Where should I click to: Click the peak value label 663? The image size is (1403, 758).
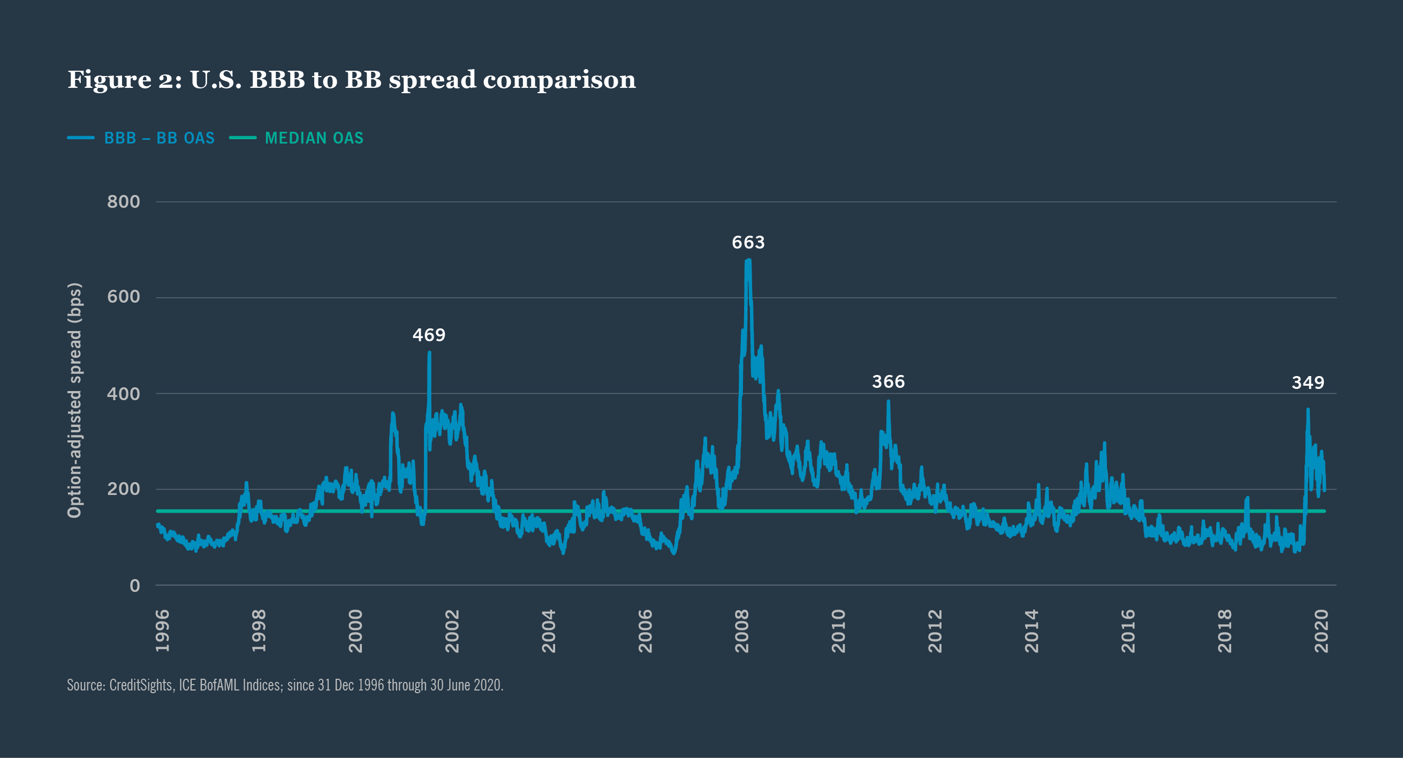pos(748,243)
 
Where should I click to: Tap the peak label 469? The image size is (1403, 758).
pos(429,335)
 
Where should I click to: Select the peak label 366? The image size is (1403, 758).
pos(888,382)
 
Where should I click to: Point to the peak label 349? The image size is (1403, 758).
pos(1308,383)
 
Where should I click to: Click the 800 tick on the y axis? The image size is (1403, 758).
pos(124,202)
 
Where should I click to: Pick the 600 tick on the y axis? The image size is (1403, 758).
pos(124,297)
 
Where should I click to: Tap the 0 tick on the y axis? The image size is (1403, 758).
pos(134,586)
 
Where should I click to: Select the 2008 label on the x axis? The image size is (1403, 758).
pos(742,631)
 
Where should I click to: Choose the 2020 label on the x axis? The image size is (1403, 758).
pos(1321,631)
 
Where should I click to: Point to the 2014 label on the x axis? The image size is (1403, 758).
pos(1032,631)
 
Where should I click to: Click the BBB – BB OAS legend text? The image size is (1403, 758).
pos(159,138)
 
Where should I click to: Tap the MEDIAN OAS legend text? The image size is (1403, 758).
pos(314,138)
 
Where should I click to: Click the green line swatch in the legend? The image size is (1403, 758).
pos(243,138)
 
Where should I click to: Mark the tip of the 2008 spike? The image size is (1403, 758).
pos(748,260)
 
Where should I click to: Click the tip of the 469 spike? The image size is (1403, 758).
pos(429,353)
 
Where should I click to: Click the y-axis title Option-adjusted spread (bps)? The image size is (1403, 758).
pos(74,400)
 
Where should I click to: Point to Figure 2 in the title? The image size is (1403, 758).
pos(124,80)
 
